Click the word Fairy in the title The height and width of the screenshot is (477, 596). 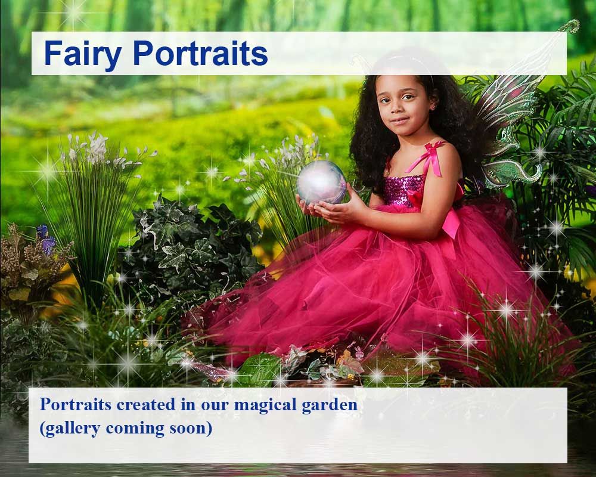pyautogui.click(x=82, y=54)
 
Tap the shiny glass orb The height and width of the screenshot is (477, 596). pyautogui.click(x=322, y=182)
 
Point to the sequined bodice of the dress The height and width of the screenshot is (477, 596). pyautogui.click(x=405, y=188)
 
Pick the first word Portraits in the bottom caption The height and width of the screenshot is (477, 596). pyautogui.click(x=75, y=405)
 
